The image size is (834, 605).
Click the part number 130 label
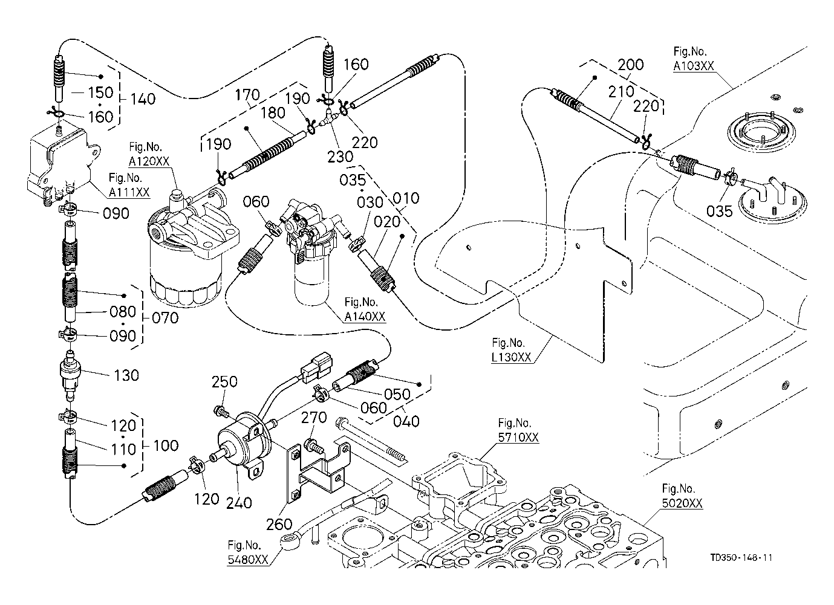(126, 375)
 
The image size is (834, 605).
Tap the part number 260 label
(279, 525)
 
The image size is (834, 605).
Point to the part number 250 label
(224, 382)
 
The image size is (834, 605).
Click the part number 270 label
(314, 418)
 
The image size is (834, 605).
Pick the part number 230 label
(340, 156)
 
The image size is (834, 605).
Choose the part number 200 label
(631, 65)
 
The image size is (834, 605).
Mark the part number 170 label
(248, 95)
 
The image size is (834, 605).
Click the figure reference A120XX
(149, 161)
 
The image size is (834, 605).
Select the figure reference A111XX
(129, 192)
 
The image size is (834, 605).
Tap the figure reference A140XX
(365, 317)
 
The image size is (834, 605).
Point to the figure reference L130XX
(511, 357)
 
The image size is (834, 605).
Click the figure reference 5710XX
(518, 438)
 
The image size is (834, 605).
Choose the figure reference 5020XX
(682, 503)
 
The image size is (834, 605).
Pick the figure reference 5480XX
(247, 560)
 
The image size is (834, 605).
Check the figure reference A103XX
(694, 67)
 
